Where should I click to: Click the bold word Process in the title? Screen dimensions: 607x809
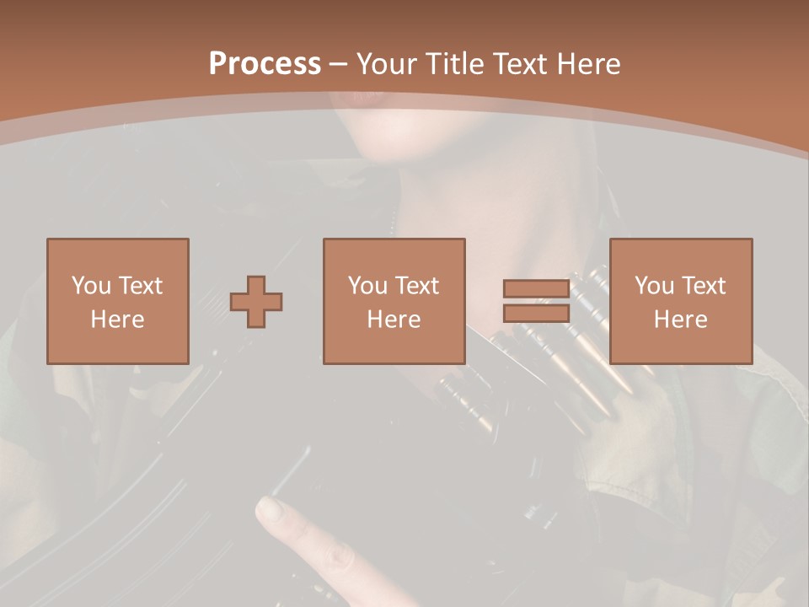(x=265, y=64)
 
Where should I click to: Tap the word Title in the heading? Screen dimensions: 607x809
(x=453, y=64)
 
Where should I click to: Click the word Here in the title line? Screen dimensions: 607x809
(x=590, y=64)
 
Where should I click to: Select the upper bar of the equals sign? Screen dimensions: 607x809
(x=536, y=289)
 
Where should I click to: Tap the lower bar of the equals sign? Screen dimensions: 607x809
(x=536, y=314)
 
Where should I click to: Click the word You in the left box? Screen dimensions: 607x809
(x=91, y=286)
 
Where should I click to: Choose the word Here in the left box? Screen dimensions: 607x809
(x=117, y=320)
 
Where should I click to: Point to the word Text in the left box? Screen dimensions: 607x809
(x=140, y=286)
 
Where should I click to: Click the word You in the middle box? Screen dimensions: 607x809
(x=367, y=286)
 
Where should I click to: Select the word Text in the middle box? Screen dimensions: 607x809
(x=416, y=286)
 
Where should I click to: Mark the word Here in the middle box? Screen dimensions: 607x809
(x=394, y=320)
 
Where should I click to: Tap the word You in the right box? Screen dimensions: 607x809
(x=655, y=286)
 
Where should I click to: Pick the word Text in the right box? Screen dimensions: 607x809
(x=703, y=286)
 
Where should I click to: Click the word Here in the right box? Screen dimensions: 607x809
(x=680, y=320)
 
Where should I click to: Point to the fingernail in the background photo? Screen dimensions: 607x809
(x=269, y=509)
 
